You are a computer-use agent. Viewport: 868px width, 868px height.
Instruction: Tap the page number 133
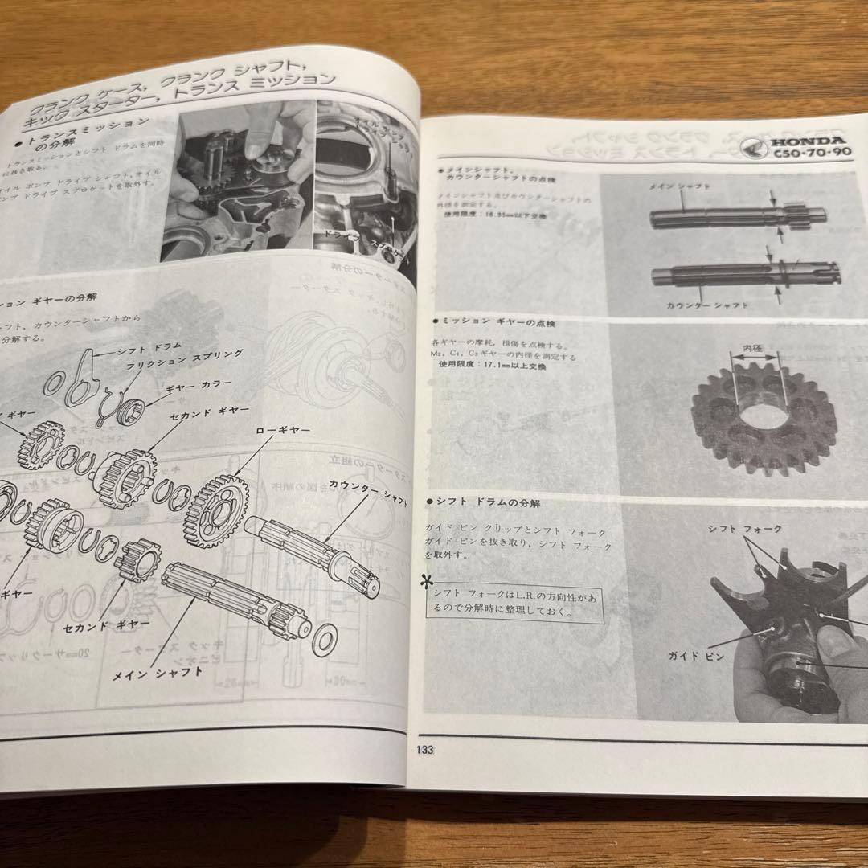(424, 751)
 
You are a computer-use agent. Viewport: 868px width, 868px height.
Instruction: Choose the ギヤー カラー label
(199, 384)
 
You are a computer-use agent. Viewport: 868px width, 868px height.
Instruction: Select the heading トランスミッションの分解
(86, 133)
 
